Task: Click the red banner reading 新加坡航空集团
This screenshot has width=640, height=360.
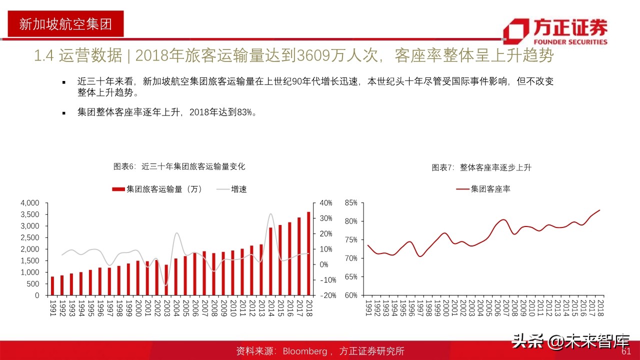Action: click(65, 23)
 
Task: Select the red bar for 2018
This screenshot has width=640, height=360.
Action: click(308, 253)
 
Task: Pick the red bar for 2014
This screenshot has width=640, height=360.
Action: click(270, 261)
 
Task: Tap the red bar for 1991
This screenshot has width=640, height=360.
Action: click(52, 286)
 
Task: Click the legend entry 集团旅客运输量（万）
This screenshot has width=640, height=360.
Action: click(157, 189)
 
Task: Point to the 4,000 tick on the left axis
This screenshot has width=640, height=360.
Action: click(29, 203)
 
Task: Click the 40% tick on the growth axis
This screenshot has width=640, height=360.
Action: click(326, 203)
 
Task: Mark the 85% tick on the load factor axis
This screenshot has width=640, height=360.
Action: click(351, 203)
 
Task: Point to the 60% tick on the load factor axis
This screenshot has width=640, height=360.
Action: click(351, 295)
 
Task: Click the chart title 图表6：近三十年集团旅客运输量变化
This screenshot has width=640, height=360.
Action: click(179, 166)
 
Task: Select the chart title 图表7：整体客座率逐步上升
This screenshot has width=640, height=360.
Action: click(481, 167)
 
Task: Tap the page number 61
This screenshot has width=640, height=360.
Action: click(626, 351)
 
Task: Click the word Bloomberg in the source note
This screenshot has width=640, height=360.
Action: click(305, 351)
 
